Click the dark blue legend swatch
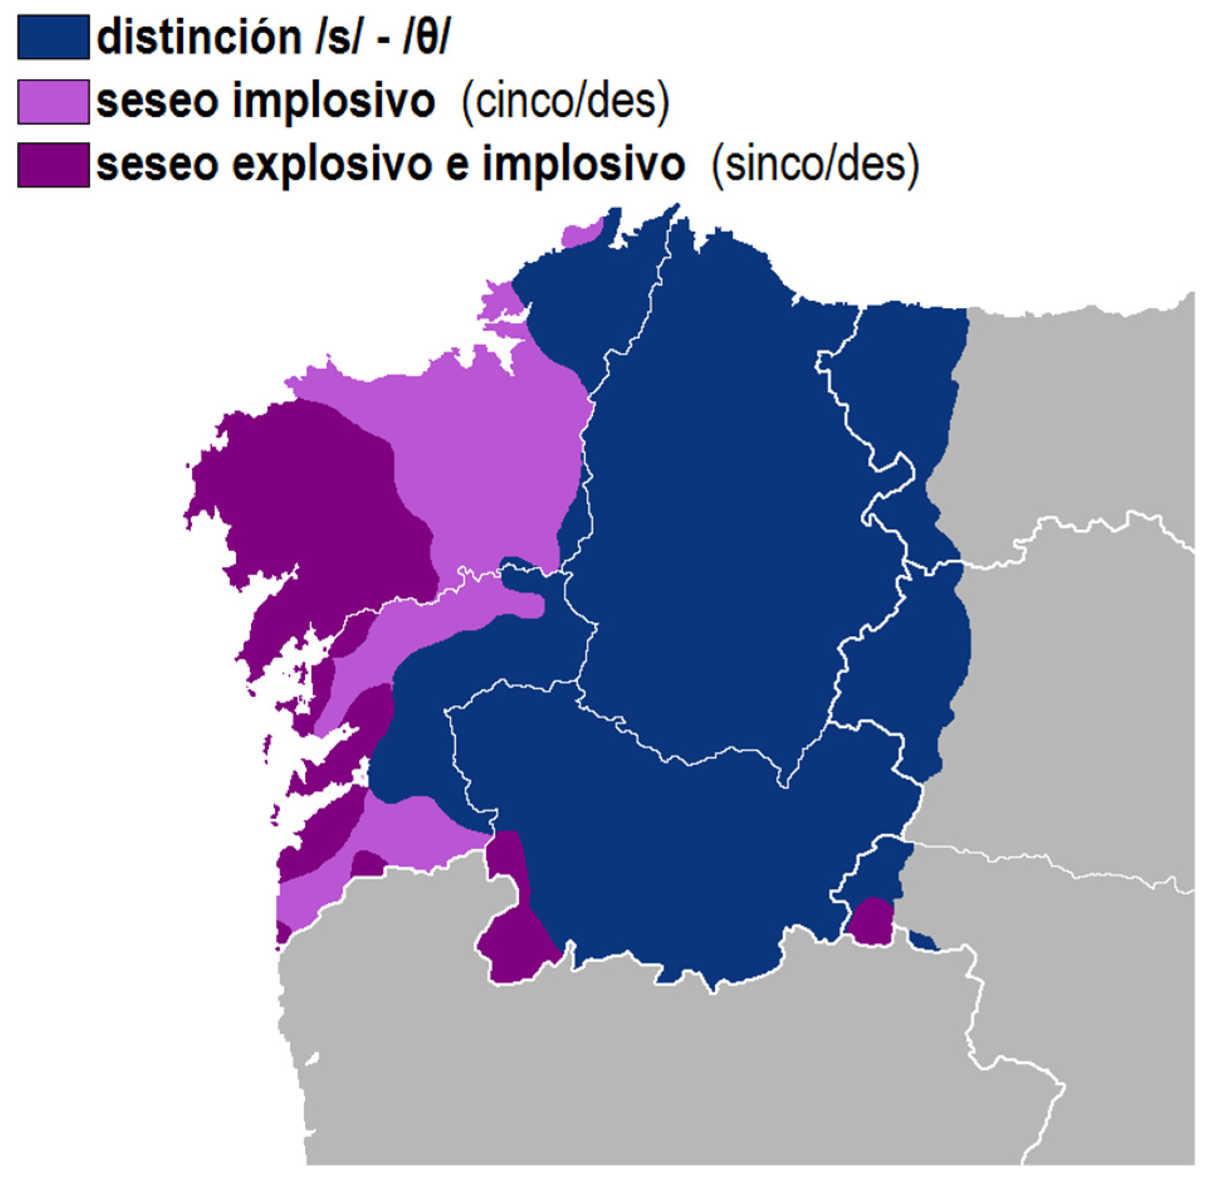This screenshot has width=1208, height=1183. point(53,37)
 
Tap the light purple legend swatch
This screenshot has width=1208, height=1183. point(53,101)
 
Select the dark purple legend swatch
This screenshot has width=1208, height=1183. point(53,165)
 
